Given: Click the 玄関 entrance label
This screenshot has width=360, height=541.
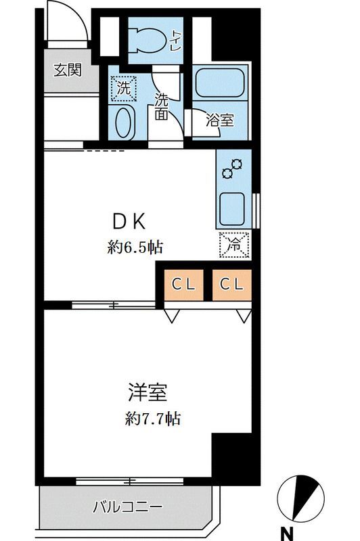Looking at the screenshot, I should pos(68,70).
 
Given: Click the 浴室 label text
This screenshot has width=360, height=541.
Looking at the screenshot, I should pos(219,120).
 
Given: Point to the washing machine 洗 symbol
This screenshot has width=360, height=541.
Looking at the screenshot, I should pos(124,88).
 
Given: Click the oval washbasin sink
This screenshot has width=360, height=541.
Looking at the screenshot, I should pos(123,122).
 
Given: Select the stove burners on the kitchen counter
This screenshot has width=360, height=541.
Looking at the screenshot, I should pos(233,168).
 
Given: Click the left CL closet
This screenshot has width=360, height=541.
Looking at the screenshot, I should pos(183,284).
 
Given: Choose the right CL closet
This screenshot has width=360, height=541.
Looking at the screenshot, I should pos(231,284).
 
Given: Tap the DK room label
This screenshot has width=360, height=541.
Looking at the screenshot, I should pos(129,221).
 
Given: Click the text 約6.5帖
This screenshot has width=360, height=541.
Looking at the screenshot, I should pos(135,248).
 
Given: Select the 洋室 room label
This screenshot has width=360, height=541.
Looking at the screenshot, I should pos(148,392).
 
